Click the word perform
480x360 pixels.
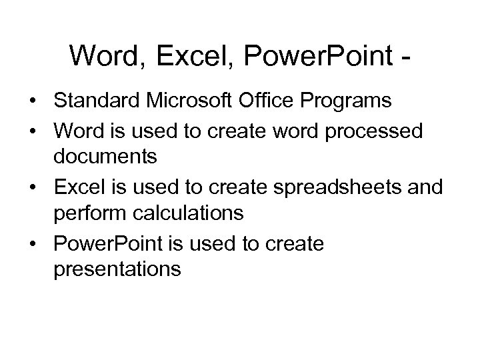87,214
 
